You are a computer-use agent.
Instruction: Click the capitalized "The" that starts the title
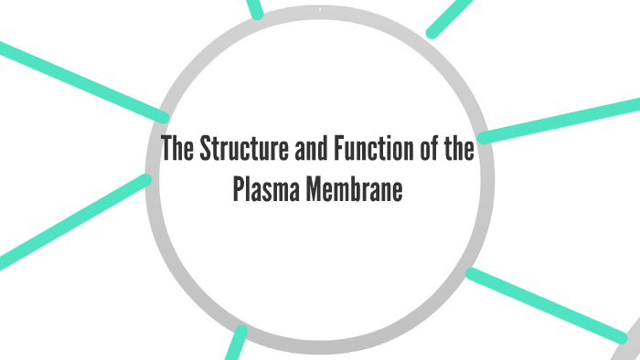177,150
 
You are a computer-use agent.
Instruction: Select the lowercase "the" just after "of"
453,150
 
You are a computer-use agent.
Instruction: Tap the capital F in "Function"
315,150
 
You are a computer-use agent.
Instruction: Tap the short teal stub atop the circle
255,8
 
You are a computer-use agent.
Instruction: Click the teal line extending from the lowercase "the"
558,122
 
